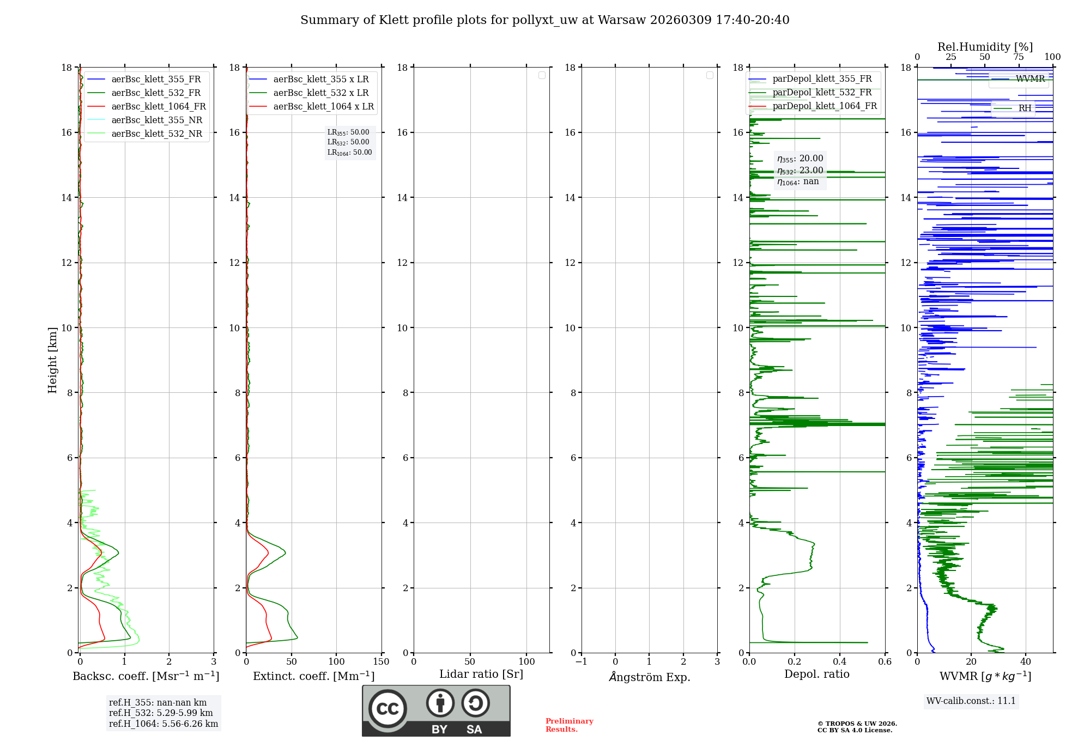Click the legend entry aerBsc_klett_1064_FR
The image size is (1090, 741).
pyautogui.click(x=158, y=107)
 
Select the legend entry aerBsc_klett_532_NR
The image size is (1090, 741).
pyautogui.click(x=156, y=134)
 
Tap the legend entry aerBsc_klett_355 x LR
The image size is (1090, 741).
pyautogui.click(x=320, y=80)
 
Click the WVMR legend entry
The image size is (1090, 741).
pyautogui.click(x=1030, y=79)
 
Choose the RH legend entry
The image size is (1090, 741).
pyautogui.click(x=1025, y=108)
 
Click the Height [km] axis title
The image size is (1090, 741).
pyautogui.click(x=52, y=360)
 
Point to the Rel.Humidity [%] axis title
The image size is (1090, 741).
pyautogui.click(x=985, y=47)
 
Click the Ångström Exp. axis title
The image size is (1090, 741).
pyautogui.click(x=649, y=677)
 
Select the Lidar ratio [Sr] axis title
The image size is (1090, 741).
pyautogui.click(x=481, y=674)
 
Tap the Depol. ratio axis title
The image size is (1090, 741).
pyautogui.click(x=816, y=674)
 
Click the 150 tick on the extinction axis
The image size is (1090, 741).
pyautogui.click(x=381, y=661)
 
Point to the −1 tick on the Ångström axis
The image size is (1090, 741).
pyautogui.click(x=581, y=661)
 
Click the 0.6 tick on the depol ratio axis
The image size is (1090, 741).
pyautogui.click(x=885, y=661)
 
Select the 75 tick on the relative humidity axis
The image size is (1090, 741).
pyautogui.click(x=1018, y=57)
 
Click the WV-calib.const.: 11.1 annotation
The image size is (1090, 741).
pyautogui.click(x=971, y=701)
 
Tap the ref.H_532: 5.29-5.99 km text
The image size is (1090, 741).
pyautogui.click(x=161, y=713)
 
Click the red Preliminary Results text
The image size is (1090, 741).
pyautogui.click(x=569, y=725)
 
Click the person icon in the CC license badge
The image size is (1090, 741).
pyautogui.click(x=440, y=703)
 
